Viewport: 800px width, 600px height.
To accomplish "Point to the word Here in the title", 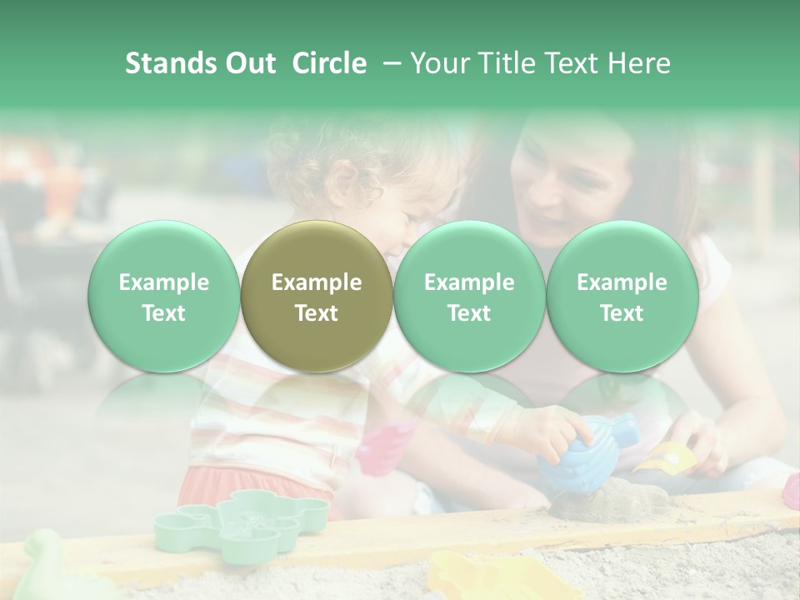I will (x=639, y=63).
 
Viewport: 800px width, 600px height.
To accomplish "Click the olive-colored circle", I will (x=317, y=296).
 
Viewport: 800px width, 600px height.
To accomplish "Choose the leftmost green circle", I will (x=164, y=296).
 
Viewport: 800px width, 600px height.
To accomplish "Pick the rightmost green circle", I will (x=622, y=296).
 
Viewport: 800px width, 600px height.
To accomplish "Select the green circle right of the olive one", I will (x=469, y=296).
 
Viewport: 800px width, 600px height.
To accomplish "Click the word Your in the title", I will (x=437, y=63).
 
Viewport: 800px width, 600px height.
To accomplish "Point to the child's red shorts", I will (x=250, y=483).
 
